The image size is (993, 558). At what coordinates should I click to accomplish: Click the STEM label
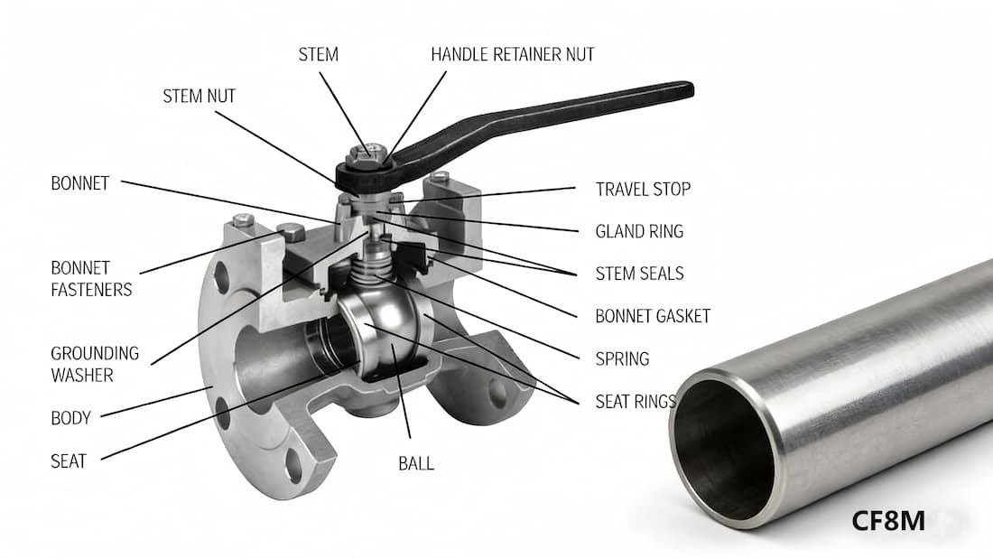pyautogui.click(x=318, y=54)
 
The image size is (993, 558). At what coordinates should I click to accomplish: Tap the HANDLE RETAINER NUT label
pyautogui.click(x=513, y=54)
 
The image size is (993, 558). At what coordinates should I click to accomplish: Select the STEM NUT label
pyautogui.click(x=199, y=96)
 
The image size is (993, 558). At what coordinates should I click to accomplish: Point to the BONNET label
pyautogui.click(x=79, y=183)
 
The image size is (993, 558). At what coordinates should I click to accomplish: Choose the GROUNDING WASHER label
pyautogui.click(x=95, y=363)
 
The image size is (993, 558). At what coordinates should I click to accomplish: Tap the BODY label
pyautogui.click(x=70, y=418)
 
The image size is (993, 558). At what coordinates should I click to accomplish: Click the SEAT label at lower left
pyautogui.click(x=69, y=460)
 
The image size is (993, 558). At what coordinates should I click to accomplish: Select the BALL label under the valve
pyautogui.click(x=416, y=463)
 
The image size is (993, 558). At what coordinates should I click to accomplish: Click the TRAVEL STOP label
pyautogui.click(x=643, y=190)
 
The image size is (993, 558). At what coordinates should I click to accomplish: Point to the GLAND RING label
pyautogui.click(x=639, y=231)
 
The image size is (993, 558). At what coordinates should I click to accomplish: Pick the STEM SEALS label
pyautogui.click(x=639, y=274)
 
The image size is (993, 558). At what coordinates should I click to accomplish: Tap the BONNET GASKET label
pyautogui.click(x=653, y=316)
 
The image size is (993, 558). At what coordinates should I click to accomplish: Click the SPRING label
pyautogui.click(x=622, y=358)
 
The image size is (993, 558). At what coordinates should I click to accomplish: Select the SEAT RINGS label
pyautogui.click(x=636, y=401)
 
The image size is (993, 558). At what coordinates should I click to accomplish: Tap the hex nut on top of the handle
pyautogui.click(x=368, y=155)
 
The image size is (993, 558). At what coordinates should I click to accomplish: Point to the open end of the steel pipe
pyautogui.click(x=722, y=449)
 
